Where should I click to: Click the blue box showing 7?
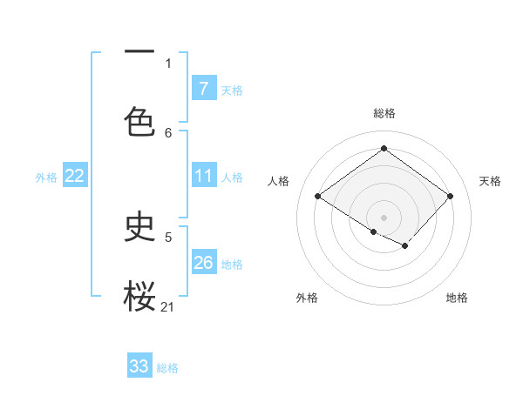click(x=203, y=89)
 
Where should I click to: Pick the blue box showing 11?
click(x=203, y=177)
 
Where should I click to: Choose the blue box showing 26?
click(x=203, y=263)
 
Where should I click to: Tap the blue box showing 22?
click(x=75, y=177)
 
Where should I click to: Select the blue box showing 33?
click(x=139, y=366)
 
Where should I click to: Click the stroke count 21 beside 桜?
click(x=168, y=306)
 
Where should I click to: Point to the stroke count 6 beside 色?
click(x=168, y=133)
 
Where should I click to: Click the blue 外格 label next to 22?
click(x=46, y=178)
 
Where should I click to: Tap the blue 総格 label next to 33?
click(x=167, y=368)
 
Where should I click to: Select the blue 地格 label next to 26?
click(x=232, y=265)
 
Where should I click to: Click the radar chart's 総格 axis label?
click(x=384, y=113)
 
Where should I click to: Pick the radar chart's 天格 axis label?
click(x=490, y=181)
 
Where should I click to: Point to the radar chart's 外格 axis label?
click(x=307, y=298)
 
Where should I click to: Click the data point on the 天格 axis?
click(x=450, y=196)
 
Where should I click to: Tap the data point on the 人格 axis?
click(x=318, y=196)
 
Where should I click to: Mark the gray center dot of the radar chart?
click(x=384, y=217)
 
